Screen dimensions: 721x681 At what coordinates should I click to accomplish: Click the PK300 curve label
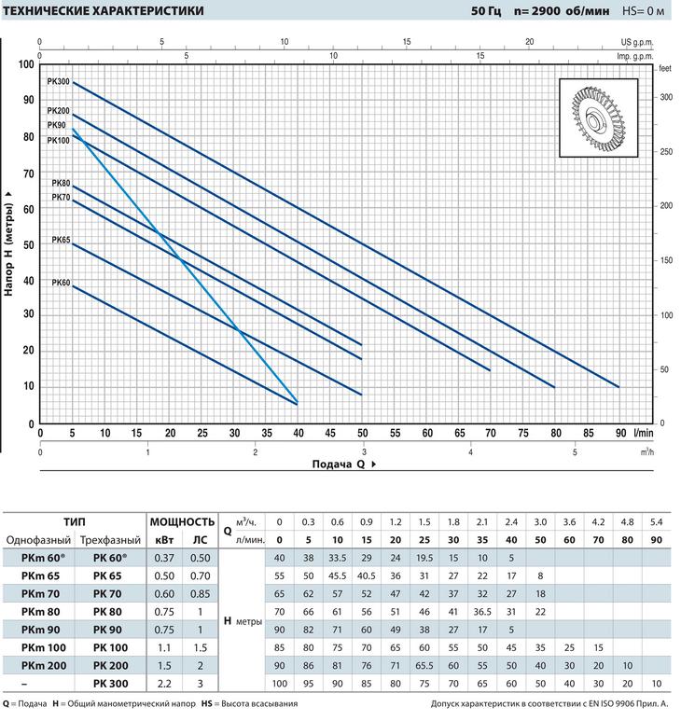[59, 82]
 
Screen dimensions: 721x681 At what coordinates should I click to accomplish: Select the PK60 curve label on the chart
[61, 283]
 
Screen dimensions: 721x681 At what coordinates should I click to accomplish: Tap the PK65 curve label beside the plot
[61, 240]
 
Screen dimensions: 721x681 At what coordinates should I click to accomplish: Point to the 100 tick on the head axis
[25, 64]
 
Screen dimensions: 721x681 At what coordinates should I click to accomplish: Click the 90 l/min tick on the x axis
[618, 433]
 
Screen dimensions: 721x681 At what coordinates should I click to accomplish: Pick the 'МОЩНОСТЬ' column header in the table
[183, 521]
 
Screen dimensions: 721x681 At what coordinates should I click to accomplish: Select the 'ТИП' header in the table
[76, 521]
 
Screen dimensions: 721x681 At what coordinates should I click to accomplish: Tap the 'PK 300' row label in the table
[112, 685]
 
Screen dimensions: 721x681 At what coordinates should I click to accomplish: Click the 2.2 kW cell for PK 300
[163, 685]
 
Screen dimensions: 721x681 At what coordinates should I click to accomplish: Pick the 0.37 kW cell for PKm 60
[163, 558]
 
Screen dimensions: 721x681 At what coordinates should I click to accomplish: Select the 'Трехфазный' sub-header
[110, 540]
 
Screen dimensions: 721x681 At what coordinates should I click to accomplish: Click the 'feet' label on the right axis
[665, 69]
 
